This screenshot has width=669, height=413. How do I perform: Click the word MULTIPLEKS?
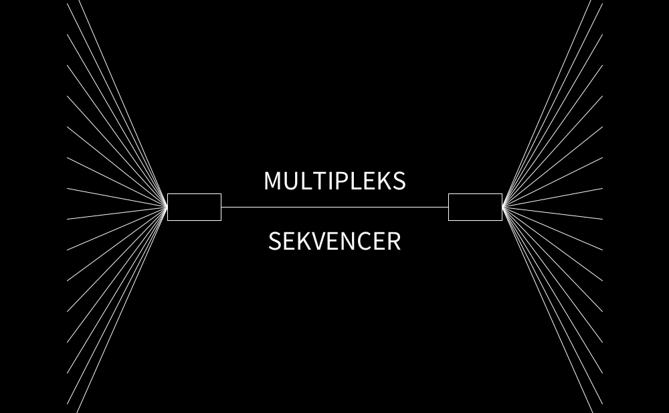(334, 181)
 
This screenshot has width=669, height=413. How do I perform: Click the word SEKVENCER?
(334, 241)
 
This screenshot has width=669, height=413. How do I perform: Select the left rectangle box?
(194, 207)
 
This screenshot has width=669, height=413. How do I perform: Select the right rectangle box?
(475, 207)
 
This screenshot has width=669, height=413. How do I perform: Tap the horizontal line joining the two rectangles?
(334, 207)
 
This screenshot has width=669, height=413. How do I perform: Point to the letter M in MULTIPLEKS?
(274, 181)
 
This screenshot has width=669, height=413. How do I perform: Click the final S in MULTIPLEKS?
(397, 181)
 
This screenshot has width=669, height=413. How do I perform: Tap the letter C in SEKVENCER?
(363, 241)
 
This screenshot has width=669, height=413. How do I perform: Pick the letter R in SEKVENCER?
(393, 241)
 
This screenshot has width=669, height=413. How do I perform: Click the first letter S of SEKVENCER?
(275, 241)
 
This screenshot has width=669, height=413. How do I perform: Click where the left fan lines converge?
(167, 207)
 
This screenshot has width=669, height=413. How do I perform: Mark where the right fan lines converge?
(502, 207)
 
